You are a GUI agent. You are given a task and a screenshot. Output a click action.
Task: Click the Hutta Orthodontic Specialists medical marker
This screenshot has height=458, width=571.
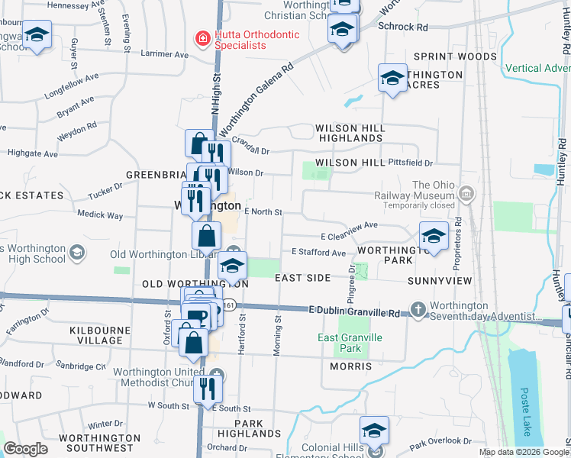(x=202, y=38)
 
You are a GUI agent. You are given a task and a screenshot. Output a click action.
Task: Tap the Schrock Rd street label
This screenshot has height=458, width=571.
(x=402, y=27)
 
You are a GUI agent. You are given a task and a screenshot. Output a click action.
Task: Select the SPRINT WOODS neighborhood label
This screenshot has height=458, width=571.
(x=455, y=56)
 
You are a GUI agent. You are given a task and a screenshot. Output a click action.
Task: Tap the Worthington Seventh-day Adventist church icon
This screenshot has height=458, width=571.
(x=418, y=310)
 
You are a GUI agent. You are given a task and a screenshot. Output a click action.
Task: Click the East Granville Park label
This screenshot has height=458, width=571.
(x=350, y=343)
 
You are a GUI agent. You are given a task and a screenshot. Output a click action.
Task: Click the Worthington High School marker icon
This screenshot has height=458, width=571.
(x=76, y=253)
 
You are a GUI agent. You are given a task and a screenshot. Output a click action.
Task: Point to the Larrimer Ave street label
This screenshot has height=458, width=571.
(x=164, y=55)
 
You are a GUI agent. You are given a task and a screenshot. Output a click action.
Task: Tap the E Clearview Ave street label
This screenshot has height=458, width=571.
(x=350, y=225)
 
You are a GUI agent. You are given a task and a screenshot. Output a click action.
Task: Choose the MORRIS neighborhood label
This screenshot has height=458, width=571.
(x=350, y=366)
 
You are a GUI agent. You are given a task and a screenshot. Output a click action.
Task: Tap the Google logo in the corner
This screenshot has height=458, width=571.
(x=26, y=449)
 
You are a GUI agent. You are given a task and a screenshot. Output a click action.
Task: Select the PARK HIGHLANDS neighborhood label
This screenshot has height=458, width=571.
(x=248, y=428)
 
